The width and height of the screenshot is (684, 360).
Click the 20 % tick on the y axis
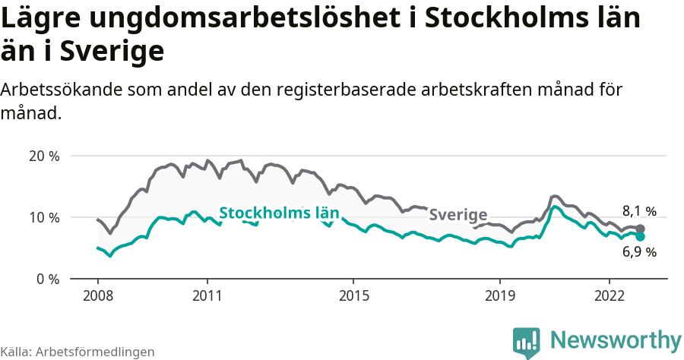43,156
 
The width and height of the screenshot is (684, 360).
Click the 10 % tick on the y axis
43,218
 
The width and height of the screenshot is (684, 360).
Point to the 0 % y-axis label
47,279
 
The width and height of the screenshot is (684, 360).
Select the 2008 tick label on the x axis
98,295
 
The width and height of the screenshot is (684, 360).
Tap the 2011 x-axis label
207,295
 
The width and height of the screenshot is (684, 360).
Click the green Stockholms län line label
279,213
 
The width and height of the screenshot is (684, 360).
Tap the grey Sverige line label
458,215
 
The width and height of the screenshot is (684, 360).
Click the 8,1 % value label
639,212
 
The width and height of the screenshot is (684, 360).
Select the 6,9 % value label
639,252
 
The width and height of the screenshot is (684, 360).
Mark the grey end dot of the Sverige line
641,229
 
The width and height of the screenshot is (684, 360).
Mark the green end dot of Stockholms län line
641,237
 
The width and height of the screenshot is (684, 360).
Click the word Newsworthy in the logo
616,339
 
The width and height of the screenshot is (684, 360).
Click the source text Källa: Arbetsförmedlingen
78,352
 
